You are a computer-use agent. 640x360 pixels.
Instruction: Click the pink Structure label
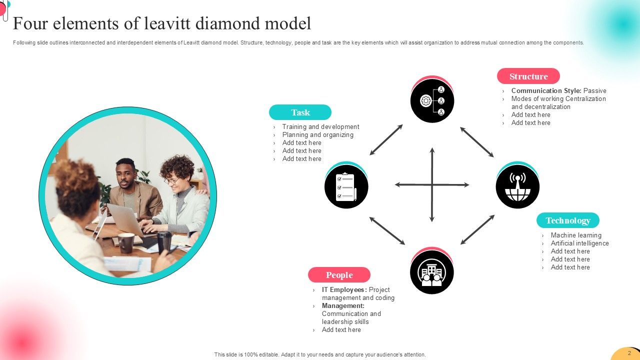528,76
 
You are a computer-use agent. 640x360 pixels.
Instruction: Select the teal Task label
300,112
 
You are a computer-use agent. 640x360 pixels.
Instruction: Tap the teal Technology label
567,220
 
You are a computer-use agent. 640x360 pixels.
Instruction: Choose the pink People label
339,275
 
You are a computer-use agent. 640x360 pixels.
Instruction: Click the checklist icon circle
346,186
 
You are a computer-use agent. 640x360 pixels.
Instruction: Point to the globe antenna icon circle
517,186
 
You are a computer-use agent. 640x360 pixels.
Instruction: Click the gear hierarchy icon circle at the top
432,100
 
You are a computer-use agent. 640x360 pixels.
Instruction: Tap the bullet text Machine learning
576,235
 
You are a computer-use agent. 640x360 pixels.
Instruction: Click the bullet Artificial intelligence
579,243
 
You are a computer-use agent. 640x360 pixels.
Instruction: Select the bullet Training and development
320,127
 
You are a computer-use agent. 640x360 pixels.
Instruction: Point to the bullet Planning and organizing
317,135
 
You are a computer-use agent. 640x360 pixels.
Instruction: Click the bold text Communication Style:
546,91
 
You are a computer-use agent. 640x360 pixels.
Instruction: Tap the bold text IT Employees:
344,290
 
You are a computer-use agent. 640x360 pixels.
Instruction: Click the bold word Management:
343,306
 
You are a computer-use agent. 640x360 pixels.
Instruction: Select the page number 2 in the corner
629,353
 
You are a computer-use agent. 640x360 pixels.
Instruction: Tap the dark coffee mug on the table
125,242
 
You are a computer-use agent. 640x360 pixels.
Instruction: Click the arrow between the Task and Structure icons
386,139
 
